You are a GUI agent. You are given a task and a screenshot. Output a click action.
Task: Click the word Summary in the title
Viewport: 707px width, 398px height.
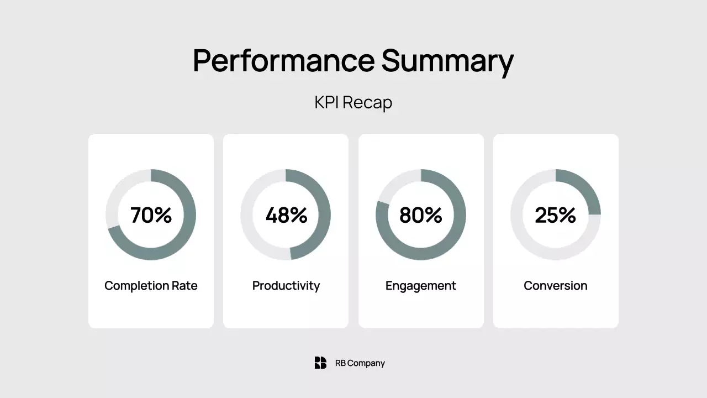447,61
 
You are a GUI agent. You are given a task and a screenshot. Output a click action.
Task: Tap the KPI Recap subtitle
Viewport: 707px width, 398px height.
353,102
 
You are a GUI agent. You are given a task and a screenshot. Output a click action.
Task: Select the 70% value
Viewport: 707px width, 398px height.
151,215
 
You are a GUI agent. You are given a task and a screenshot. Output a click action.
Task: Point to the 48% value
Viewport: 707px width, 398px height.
286,215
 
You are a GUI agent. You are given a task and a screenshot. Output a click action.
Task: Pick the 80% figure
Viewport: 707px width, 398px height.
421,215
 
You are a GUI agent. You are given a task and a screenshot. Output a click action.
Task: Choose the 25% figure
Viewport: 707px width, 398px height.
556,215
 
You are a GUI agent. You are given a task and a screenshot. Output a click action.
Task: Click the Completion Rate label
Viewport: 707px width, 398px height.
151,286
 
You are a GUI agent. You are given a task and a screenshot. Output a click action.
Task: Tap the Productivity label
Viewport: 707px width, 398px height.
286,286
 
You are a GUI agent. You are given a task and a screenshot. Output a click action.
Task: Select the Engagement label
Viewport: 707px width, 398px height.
421,286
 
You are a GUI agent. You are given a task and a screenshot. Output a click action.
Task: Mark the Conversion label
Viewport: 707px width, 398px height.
556,286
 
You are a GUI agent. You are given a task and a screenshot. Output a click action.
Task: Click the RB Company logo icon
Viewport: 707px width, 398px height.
320,363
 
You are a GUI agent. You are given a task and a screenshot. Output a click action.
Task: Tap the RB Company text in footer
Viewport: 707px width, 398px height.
360,363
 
